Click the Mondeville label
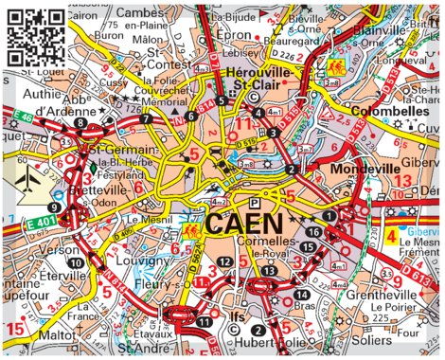(x=360, y=170)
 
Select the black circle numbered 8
(x=80, y=123)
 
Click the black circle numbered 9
(x=55, y=207)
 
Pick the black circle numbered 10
(x=73, y=261)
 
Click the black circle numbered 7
(x=146, y=119)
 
